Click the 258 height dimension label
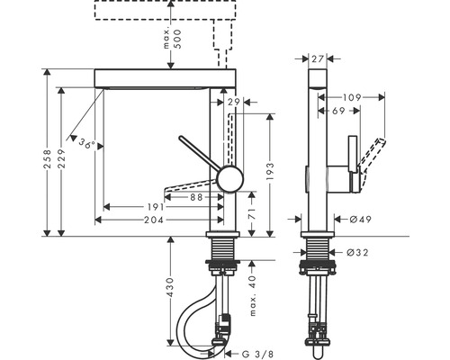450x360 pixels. tap(48, 159)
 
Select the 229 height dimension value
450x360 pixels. tap(62, 159)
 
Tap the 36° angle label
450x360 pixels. tap(87, 143)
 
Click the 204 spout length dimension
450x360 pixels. tap(154, 220)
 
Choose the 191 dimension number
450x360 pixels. tap(156, 207)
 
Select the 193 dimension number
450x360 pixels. tap(270, 171)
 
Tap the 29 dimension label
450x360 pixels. tap(234, 103)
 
